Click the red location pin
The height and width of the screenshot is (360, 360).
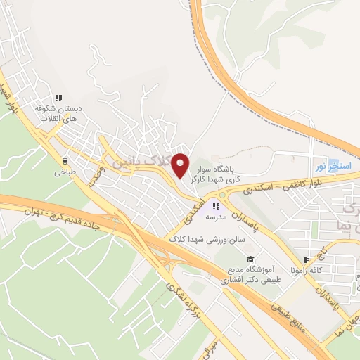[181, 165]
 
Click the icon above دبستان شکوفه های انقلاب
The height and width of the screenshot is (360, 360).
[59, 98]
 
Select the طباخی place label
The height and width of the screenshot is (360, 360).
[65, 171]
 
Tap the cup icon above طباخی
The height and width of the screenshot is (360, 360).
[65, 160]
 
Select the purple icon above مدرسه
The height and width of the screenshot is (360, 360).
[215, 206]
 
